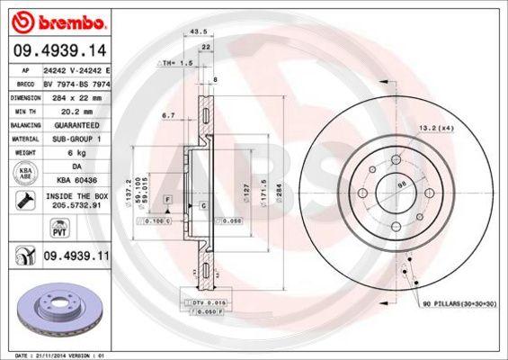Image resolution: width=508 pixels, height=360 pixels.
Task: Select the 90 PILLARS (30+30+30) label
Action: (x=458, y=304)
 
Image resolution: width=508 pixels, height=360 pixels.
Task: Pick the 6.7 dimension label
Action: (x=168, y=116)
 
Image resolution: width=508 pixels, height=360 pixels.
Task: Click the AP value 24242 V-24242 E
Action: (x=75, y=68)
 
